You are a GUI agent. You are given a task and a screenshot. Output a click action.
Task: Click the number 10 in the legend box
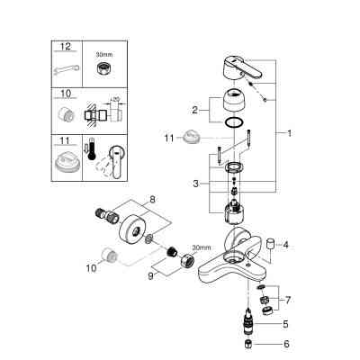coord(62,93)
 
